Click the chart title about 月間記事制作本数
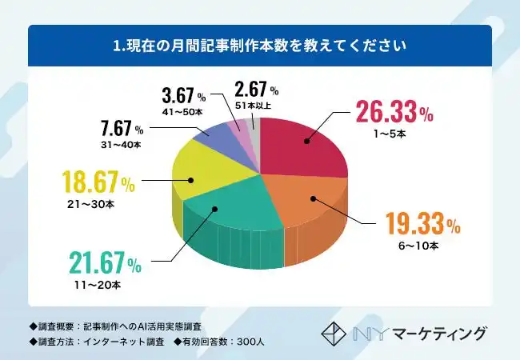(x=260, y=46)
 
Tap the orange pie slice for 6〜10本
(x=308, y=200)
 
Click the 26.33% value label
(x=394, y=113)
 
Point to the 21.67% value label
(x=103, y=262)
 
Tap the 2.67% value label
(x=257, y=88)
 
